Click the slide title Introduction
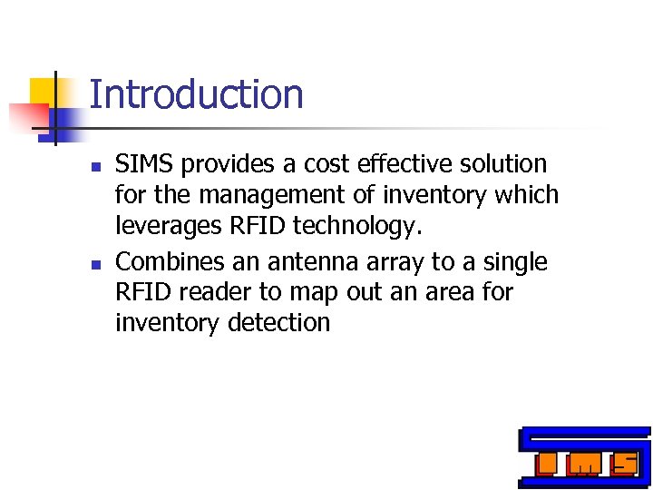[x=196, y=95]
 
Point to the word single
[x=516, y=263]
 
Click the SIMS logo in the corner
[x=584, y=457]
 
